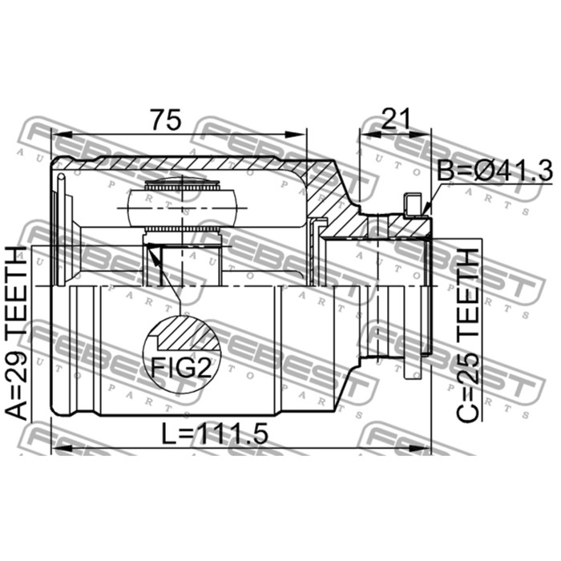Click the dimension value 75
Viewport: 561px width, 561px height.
(x=165, y=120)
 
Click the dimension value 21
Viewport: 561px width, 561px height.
(x=395, y=119)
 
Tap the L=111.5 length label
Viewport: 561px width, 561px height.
(x=215, y=434)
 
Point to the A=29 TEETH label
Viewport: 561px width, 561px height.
(x=18, y=333)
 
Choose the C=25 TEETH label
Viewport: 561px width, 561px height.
(x=467, y=335)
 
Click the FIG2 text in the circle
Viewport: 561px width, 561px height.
(x=181, y=367)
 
